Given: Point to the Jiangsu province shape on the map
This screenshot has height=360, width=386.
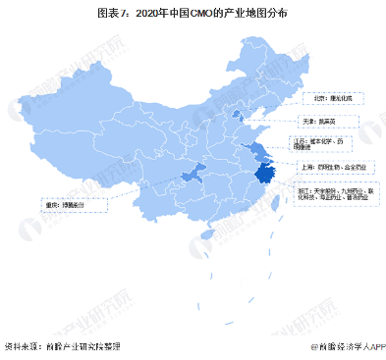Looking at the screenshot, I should coord(259,150).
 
